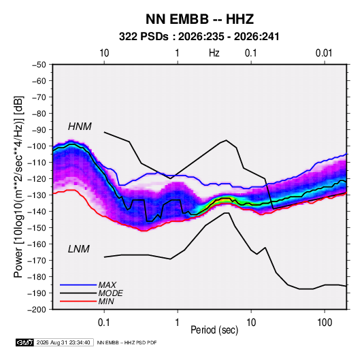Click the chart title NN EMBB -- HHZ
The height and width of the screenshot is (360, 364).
(x=199, y=19)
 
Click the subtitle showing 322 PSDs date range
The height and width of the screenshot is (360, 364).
(x=199, y=37)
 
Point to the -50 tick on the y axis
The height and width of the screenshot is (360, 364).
(x=39, y=65)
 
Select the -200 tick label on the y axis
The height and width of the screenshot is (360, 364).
(x=37, y=310)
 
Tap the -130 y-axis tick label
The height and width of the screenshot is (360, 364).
(x=37, y=195)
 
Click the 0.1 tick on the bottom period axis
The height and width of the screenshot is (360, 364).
(x=104, y=322)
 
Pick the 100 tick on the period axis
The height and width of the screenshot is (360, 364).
(x=325, y=322)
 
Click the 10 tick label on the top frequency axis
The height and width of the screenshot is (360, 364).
(x=104, y=53)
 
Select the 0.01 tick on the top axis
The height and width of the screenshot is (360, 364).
(x=324, y=53)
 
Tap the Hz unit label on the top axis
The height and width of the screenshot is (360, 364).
(x=214, y=53)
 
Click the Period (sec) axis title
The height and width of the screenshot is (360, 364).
(x=214, y=330)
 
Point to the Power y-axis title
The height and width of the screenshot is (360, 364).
(x=18, y=186)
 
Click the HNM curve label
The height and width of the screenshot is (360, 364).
(x=80, y=127)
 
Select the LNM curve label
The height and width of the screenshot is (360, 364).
(x=79, y=249)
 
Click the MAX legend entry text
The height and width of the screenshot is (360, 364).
(x=107, y=284)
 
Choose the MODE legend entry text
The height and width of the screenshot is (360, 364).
(x=110, y=293)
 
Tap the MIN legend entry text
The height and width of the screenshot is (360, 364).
(x=106, y=301)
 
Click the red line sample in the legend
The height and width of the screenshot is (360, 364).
(x=78, y=301)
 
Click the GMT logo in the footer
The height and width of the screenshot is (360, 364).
(x=24, y=342)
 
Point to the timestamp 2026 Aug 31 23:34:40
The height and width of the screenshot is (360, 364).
(x=63, y=342)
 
